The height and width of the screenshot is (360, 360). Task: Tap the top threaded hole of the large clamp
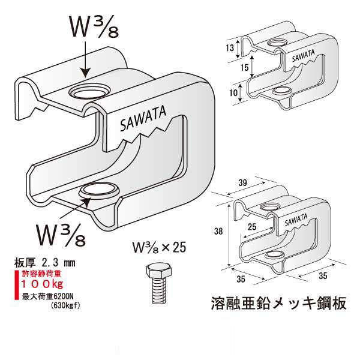89,92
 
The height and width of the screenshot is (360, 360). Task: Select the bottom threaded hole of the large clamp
98,191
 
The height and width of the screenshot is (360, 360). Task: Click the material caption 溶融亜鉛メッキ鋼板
279,303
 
